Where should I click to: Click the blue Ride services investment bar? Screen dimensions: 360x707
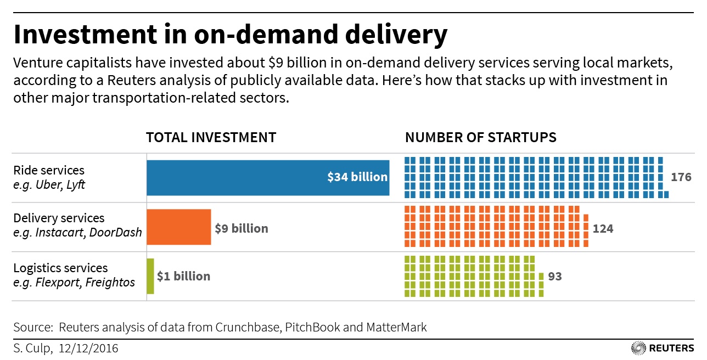[x=236, y=177]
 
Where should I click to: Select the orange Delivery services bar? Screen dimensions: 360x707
[x=178, y=227]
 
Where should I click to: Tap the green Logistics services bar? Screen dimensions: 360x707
[x=150, y=276]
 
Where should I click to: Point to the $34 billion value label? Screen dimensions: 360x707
[x=357, y=177]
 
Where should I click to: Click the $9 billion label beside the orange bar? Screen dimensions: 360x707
[x=242, y=228]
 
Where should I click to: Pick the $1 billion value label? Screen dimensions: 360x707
[x=183, y=276]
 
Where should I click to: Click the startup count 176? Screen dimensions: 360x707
[x=681, y=177]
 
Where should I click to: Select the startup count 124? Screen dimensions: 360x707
[x=603, y=228]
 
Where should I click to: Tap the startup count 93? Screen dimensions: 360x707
[x=555, y=276]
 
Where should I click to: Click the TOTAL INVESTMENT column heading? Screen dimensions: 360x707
[x=211, y=137]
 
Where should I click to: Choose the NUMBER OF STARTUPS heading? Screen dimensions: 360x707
[x=480, y=137]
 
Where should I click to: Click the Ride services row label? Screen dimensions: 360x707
[x=49, y=170]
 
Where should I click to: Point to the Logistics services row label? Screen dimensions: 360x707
[x=60, y=268]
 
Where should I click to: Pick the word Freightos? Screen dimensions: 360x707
[x=110, y=282]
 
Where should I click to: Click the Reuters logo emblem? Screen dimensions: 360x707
[x=638, y=348]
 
